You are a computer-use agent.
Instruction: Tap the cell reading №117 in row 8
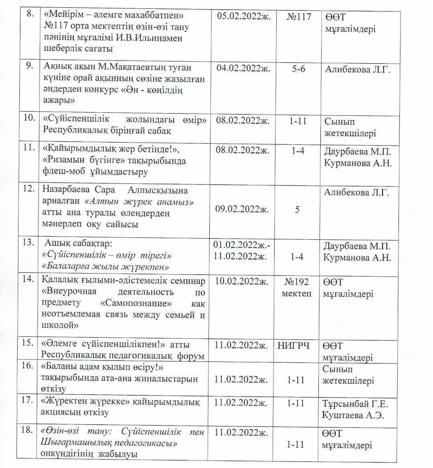[299, 17]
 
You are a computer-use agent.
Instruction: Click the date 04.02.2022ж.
[243, 68]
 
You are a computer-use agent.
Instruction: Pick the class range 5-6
[297, 68]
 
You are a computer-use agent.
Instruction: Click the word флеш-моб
[60, 172]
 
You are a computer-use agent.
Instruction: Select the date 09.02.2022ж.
[242, 209]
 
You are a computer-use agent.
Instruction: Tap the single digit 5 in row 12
[297, 209]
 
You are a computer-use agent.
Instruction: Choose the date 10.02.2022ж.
[241, 281]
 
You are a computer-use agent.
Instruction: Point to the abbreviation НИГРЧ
[293, 345]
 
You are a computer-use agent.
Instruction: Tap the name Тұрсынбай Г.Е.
[355, 404]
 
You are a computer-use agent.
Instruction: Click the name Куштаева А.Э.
[353, 415]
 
